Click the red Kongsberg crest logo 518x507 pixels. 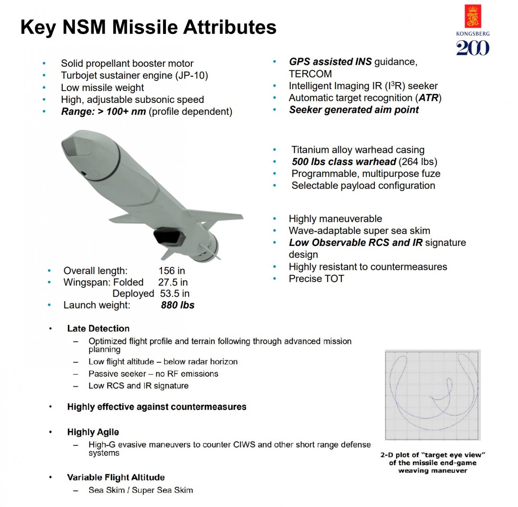[x=473, y=16]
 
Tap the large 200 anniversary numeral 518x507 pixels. [x=473, y=48]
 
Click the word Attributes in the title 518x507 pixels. [x=230, y=27]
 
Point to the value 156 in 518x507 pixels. [x=172, y=271]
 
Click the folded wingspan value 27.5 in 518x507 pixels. [x=173, y=282]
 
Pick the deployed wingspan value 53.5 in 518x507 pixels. [x=174, y=294]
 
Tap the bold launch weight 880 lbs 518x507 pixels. [x=178, y=305]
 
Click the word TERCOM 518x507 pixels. [x=310, y=74]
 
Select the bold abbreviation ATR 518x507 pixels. [x=428, y=98]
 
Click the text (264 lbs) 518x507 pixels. [x=418, y=162]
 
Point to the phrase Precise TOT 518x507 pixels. [x=317, y=279]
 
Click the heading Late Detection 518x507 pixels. [x=98, y=329]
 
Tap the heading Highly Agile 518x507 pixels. [x=93, y=432]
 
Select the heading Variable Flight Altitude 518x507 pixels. [x=116, y=477]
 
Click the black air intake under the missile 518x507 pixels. [x=169, y=236]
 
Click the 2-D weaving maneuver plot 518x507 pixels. [x=433, y=395]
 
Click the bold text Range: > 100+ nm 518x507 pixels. [x=104, y=111]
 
